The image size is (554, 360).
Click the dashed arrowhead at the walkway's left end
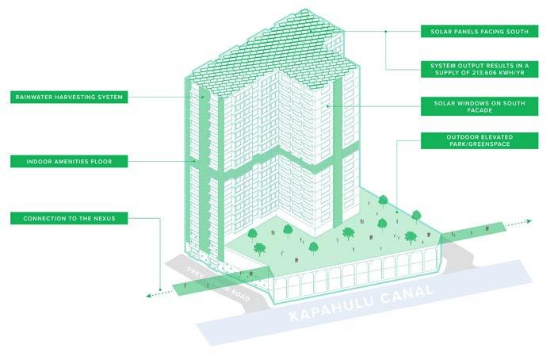pyautogui.click(x=147, y=295)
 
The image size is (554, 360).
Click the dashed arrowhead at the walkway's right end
pyautogui.click(x=520, y=226)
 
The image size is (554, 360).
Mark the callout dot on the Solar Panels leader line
pyautogui.click(x=386, y=32)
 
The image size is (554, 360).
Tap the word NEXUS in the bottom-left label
pyautogui.click(x=106, y=217)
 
